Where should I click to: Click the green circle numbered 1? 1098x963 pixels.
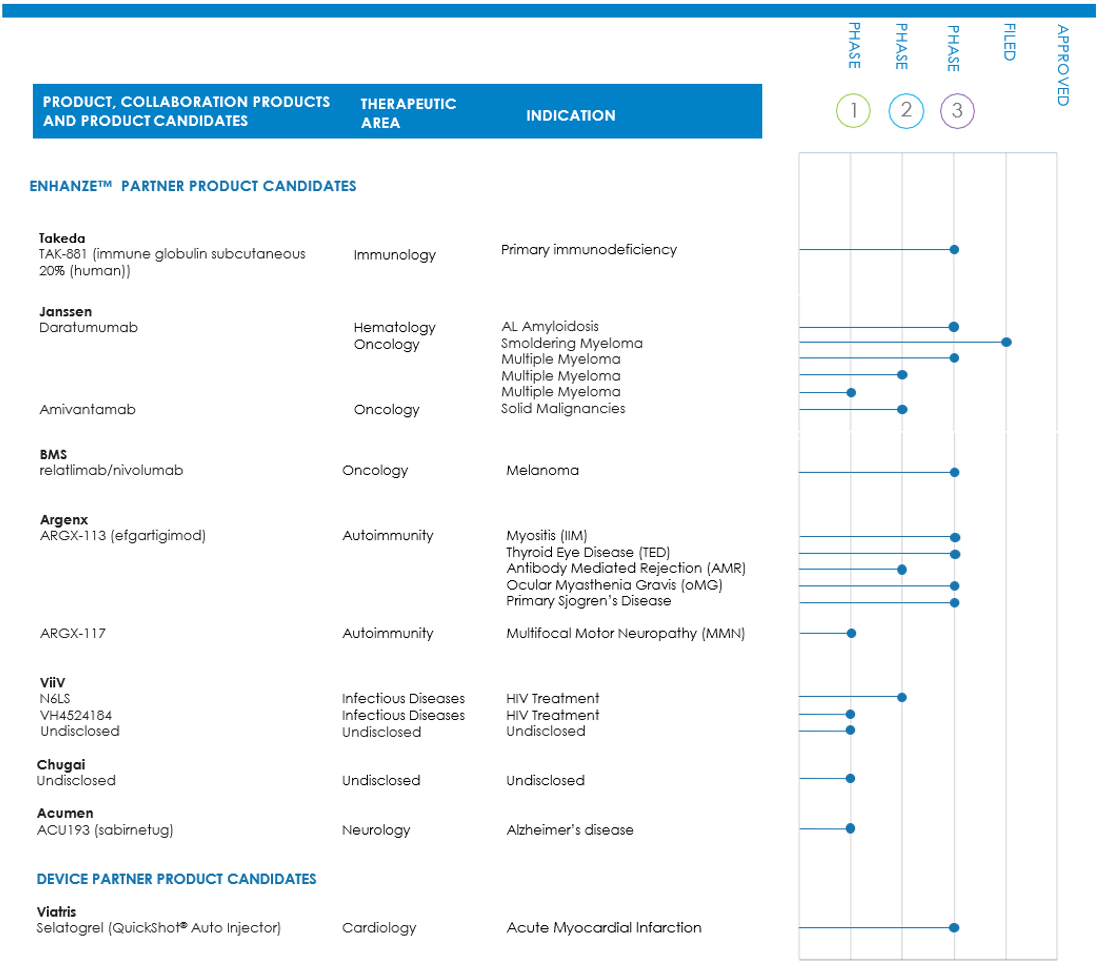tap(853, 110)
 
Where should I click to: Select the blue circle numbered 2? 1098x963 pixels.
tap(906, 110)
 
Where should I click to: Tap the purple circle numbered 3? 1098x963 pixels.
tap(957, 110)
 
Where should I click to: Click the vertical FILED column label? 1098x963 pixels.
tap(1010, 42)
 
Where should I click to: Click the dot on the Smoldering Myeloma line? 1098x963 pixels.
tap(1006, 342)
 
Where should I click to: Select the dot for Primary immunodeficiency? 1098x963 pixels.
tap(954, 250)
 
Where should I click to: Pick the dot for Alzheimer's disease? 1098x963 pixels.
tap(850, 828)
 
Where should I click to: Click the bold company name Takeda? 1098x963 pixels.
tap(62, 238)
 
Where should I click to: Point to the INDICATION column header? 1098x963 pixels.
tap(570, 115)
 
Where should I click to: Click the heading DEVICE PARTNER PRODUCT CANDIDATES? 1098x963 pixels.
tap(176, 879)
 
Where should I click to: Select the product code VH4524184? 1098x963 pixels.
tap(76, 715)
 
